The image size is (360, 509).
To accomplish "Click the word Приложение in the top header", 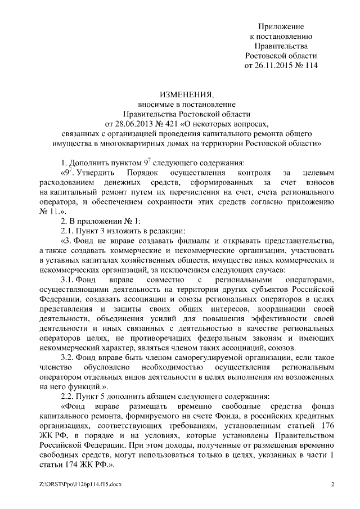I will (x=281, y=26).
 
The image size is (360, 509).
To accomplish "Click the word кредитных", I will (x=316, y=416).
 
